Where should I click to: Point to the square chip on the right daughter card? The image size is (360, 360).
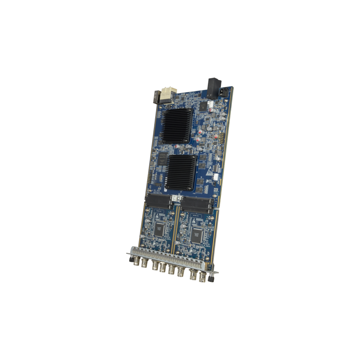point(196,234)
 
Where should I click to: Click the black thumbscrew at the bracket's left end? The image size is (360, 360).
point(129,260)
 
